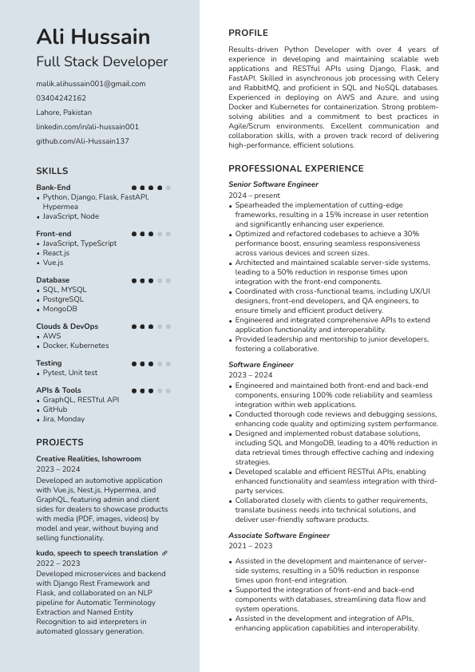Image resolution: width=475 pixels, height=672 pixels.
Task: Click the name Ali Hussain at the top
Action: pos(93,37)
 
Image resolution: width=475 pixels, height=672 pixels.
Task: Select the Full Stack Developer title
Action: pos(101,61)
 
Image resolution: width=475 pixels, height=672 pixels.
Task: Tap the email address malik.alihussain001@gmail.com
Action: pos(90,84)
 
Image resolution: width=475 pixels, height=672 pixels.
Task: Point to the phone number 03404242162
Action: pos(61,98)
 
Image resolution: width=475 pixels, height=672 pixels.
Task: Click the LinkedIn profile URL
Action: pos(87,127)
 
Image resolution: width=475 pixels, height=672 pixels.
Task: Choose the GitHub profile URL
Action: pos(82,141)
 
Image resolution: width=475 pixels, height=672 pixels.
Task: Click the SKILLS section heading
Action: pos(52,171)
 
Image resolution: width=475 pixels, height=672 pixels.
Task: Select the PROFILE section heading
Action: pos(248,33)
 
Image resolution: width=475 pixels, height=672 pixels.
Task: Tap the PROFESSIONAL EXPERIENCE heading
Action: pos(295,168)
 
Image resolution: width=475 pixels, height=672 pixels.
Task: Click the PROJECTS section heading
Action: pos(59,442)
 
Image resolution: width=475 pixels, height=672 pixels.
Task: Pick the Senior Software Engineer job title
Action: pos(273,184)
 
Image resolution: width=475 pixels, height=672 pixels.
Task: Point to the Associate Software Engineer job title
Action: pos(279,536)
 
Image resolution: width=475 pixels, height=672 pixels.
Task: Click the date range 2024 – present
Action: pos(254,196)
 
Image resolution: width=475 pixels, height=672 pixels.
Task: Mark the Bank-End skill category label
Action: pos(53,188)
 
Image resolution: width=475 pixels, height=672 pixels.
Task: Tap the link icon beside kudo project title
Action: pos(164,553)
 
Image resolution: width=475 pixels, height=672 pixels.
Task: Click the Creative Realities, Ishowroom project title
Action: pos(88,459)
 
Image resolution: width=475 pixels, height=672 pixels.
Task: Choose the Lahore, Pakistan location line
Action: pos(64,113)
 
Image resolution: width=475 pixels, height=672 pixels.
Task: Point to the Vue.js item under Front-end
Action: pos(53,263)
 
